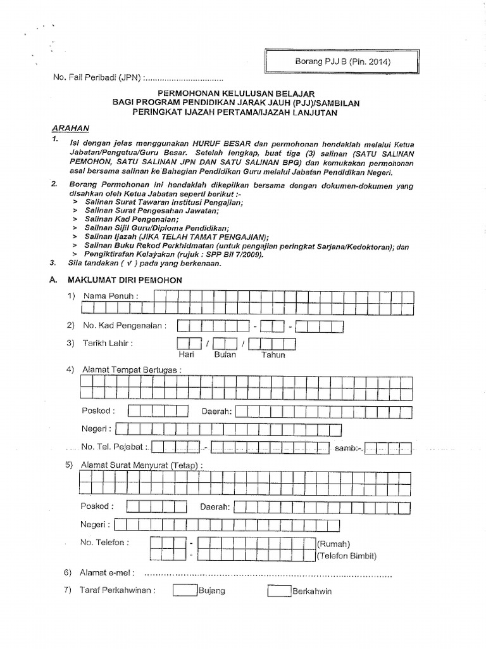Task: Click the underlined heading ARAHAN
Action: [71, 127]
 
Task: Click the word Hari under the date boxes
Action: [187, 355]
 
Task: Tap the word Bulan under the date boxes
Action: [225, 355]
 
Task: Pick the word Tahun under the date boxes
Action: [273, 355]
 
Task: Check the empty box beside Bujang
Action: [185, 591]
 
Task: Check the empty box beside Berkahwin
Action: [278, 591]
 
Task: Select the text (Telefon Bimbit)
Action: [347, 556]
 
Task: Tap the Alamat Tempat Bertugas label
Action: [131, 369]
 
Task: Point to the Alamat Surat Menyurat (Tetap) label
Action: [142, 465]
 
